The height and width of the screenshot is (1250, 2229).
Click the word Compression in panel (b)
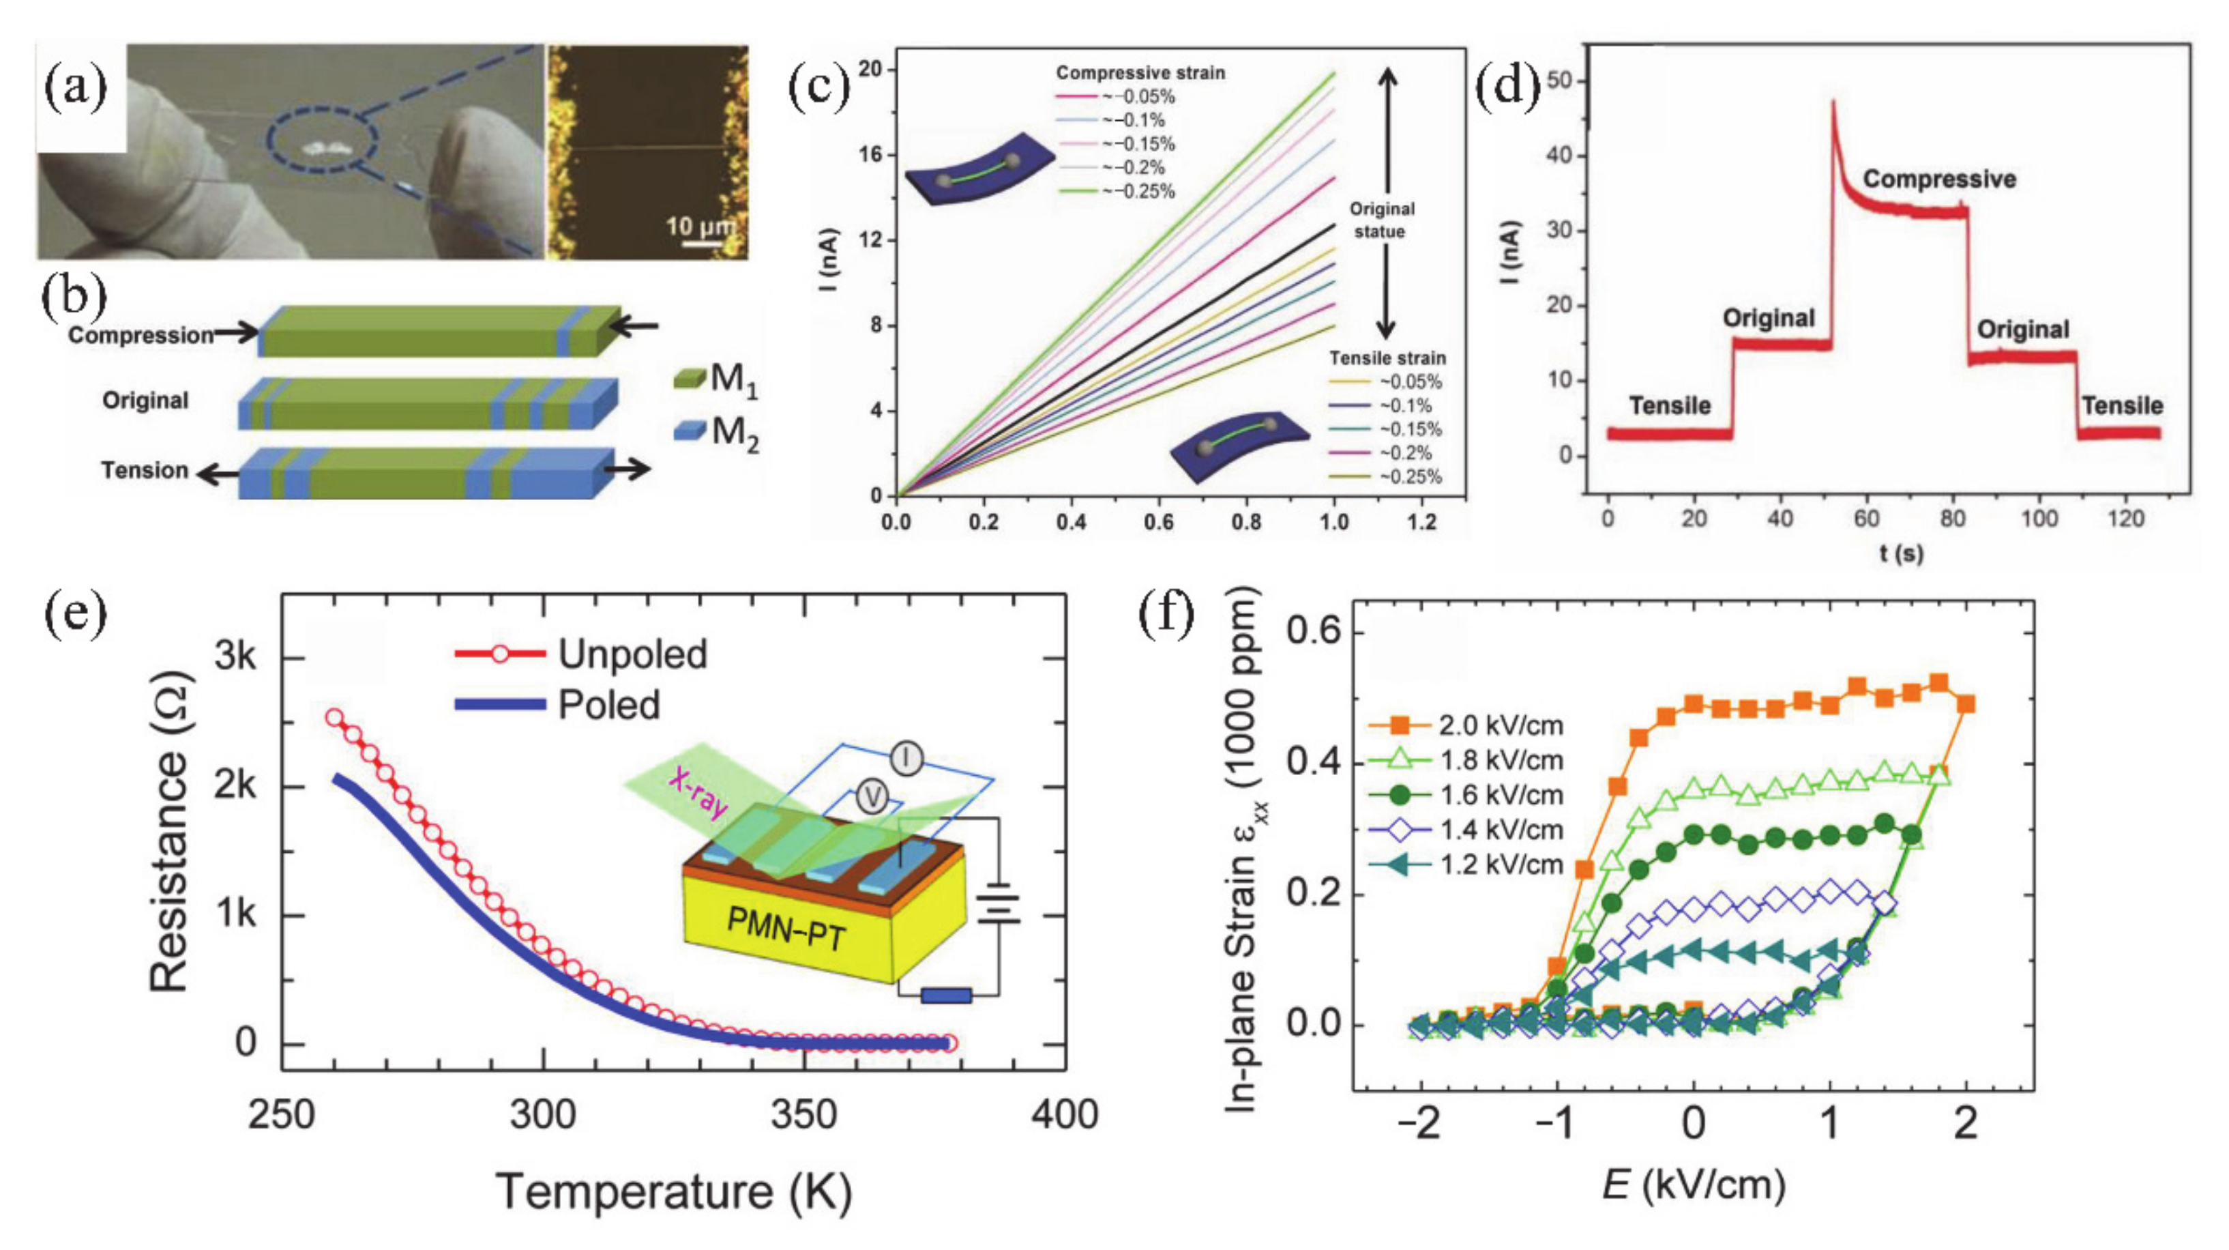[141, 335]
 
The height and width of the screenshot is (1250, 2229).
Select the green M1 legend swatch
[690, 378]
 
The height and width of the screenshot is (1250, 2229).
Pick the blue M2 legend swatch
[690, 429]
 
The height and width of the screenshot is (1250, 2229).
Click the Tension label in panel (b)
[145, 470]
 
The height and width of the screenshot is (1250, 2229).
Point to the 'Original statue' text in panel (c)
[1382, 220]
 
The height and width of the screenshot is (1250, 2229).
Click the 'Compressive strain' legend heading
[1140, 73]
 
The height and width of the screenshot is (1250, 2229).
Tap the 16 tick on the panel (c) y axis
[870, 155]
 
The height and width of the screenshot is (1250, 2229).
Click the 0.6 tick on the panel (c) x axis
[1159, 522]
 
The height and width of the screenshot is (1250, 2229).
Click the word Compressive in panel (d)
[1938, 179]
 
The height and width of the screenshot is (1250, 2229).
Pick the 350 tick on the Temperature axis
[804, 1114]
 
